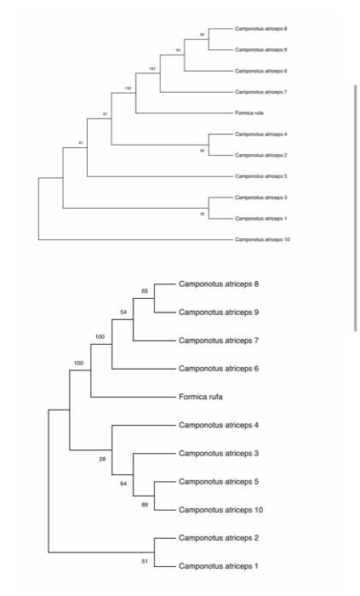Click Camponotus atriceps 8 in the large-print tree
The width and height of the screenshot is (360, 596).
(219, 284)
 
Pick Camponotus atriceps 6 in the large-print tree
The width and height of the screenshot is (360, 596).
(219, 369)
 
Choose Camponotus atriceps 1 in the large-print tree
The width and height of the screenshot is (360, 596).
(219, 565)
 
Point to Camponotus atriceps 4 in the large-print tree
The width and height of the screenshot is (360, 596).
(219, 425)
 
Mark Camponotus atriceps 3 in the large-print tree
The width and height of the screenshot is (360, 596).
(219, 453)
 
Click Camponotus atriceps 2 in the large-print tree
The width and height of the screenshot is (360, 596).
(219, 537)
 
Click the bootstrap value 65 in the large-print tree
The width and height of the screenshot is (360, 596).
(146, 291)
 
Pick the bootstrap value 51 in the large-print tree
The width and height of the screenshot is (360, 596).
(146, 561)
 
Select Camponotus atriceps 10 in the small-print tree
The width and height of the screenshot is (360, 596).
(264, 240)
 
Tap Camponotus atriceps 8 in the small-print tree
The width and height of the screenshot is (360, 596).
(261, 29)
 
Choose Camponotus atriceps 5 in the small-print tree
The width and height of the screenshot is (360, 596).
(261, 176)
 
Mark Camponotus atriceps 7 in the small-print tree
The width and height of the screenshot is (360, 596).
(261, 92)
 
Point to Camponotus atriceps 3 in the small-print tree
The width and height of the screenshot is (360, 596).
(261, 198)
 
